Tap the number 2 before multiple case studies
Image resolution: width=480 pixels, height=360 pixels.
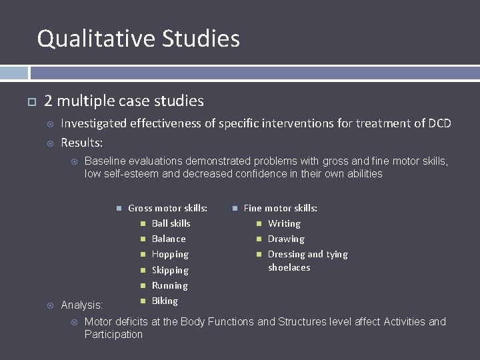(x=48, y=101)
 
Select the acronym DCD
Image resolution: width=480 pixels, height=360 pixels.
(x=439, y=123)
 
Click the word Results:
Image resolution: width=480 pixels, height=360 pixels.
(x=82, y=142)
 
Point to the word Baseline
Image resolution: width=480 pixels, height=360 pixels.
(x=107, y=161)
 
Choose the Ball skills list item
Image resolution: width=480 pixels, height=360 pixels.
(x=171, y=223)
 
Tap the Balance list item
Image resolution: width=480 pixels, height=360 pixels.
(x=169, y=239)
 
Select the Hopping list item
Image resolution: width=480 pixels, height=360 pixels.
(x=170, y=254)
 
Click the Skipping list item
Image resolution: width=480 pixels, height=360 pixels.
(x=170, y=270)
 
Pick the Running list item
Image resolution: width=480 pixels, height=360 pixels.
(x=169, y=285)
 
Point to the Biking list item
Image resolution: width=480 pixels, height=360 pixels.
(x=165, y=301)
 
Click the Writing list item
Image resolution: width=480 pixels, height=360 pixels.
(x=284, y=223)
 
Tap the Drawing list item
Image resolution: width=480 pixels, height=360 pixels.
(x=286, y=239)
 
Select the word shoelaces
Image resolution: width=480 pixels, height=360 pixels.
(x=289, y=267)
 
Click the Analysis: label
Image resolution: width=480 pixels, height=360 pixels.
(x=82, y=305)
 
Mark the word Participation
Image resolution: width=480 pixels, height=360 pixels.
(x=113, y=334)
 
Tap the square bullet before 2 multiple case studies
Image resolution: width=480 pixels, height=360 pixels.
(x=30, y=102)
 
